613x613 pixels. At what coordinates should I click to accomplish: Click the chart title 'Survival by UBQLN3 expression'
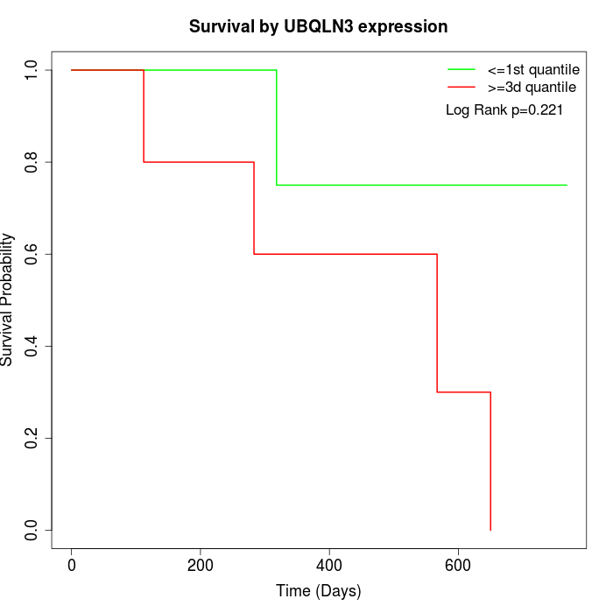coord(319,27)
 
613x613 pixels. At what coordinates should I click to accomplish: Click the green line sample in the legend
coord(462,69)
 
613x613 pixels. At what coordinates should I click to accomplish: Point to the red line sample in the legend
coord(462,88)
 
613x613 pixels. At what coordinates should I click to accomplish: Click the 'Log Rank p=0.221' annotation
coord(504,110)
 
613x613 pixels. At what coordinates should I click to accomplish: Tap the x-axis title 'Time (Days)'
coord(319,591)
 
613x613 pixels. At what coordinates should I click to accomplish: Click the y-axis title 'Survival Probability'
coord(8,300)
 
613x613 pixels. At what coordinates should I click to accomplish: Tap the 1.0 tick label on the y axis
coord(32,70)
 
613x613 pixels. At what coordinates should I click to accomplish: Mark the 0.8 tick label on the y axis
coord(32,162)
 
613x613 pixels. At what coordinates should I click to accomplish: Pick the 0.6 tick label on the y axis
coord(32,254)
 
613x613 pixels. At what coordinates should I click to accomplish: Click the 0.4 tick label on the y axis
coord(32,346)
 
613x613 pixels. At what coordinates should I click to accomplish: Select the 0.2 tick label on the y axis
coord(32,438)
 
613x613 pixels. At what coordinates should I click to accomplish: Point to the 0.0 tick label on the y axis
coord(32,530)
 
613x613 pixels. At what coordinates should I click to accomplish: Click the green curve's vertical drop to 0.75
coord(277,127)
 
